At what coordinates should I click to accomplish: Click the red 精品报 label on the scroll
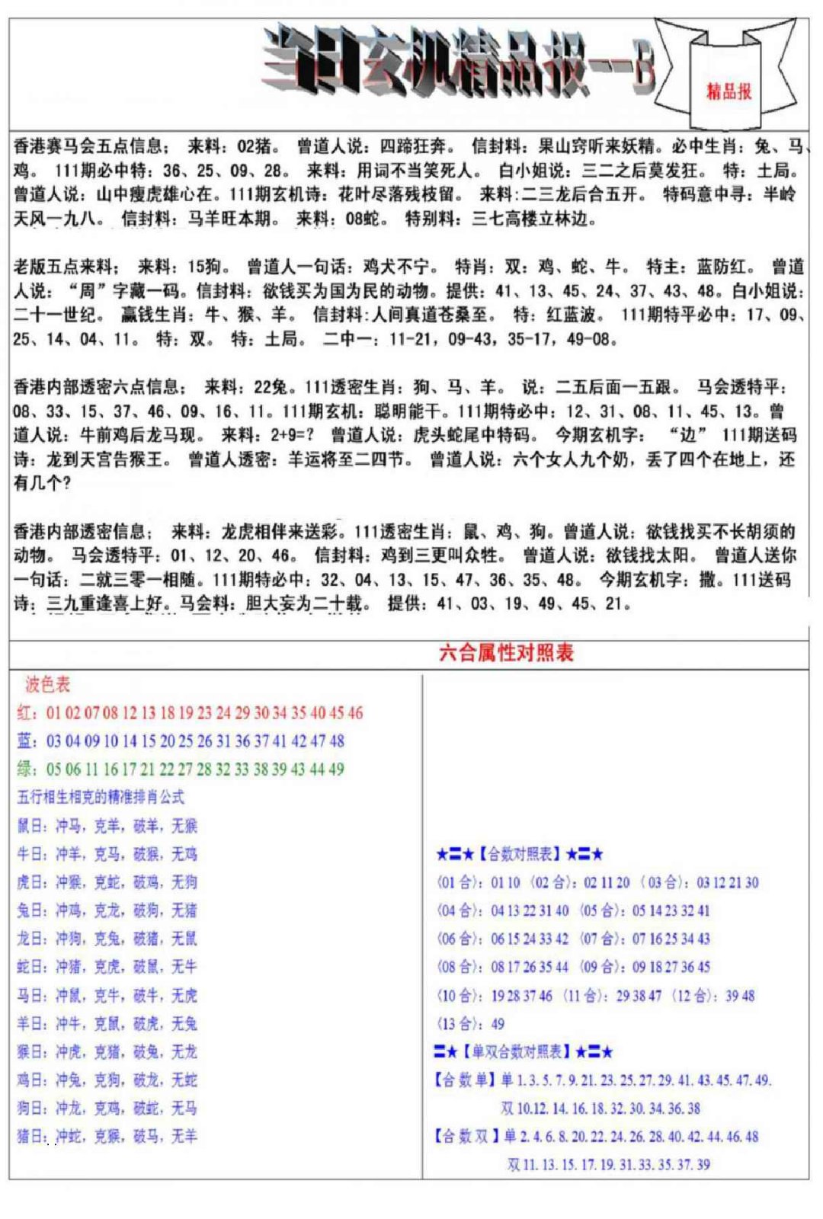click(x=729, y=91)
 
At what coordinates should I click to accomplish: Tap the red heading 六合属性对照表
click(x=506, y=652)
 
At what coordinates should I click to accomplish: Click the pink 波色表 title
click(x=47, y=684)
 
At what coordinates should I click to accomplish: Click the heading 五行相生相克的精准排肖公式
click(x=101, y=798)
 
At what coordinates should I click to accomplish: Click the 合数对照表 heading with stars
click(x=520, y=854)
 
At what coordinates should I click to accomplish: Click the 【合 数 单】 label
click(x=465, y=1080)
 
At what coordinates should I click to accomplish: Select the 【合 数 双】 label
click(x=465, y=1137)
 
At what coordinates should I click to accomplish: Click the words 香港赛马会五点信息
click(x=88, y=146)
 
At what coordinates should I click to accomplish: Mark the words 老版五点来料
click(x=65, y=267)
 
